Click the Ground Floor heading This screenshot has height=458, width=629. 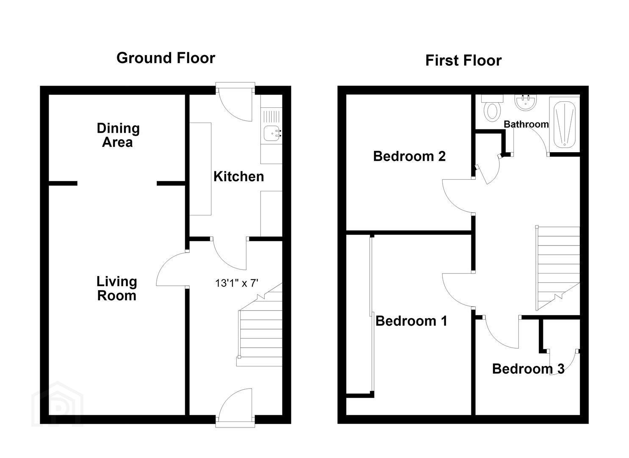coord(166,58)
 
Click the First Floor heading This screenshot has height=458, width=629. coord(463,61)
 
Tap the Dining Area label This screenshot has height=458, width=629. coord(118,135)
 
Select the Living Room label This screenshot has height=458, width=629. coord(117,288)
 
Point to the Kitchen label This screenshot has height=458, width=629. coord(239,176)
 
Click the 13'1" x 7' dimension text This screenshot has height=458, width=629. coord(237,283)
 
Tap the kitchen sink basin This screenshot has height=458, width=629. coord(272,134)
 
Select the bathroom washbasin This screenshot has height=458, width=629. coord(525,102)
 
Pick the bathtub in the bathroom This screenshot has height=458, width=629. coord(565,124)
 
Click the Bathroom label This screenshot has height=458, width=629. coord(526,124)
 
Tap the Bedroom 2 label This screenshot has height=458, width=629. coord(410,156)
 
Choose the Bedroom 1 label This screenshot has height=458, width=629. coord(411,321)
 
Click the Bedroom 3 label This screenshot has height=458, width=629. coord(528,369)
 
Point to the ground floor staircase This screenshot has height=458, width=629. coord(259,325)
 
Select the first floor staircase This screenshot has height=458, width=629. coord(558,268)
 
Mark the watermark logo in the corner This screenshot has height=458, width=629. coord(57,404)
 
